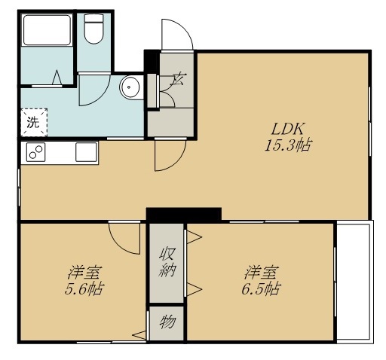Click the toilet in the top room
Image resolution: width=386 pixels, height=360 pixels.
click(x=93, y=29)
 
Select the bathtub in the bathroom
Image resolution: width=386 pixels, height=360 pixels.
click(x=47, y=30)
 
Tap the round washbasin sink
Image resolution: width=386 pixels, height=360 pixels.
click(x=130, y=87)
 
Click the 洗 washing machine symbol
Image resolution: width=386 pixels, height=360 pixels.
click(x=34, y=123)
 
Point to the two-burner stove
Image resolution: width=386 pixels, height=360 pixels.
click(x=35, y=152)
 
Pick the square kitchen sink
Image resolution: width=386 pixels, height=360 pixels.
click(x=86, y=152)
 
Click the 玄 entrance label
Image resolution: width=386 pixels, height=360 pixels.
click(x=179, y=78)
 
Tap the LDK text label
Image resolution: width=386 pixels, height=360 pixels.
click(x=288, y=130)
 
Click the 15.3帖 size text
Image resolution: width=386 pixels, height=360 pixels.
click(x=288, y=145)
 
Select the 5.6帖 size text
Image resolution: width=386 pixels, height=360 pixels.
click(x=84, y=288)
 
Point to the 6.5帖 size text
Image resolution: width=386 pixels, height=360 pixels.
click(x=261, y=288)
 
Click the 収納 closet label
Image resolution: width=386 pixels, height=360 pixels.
click(x=167, y=262)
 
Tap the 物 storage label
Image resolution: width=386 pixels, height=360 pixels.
click(x=167, y=322)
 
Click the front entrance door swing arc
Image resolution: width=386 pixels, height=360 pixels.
click(x=185, y=29)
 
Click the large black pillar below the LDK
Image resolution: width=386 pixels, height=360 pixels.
click(x=184, y=215)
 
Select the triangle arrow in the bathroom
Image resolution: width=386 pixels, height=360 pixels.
click(x=57, y=78)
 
